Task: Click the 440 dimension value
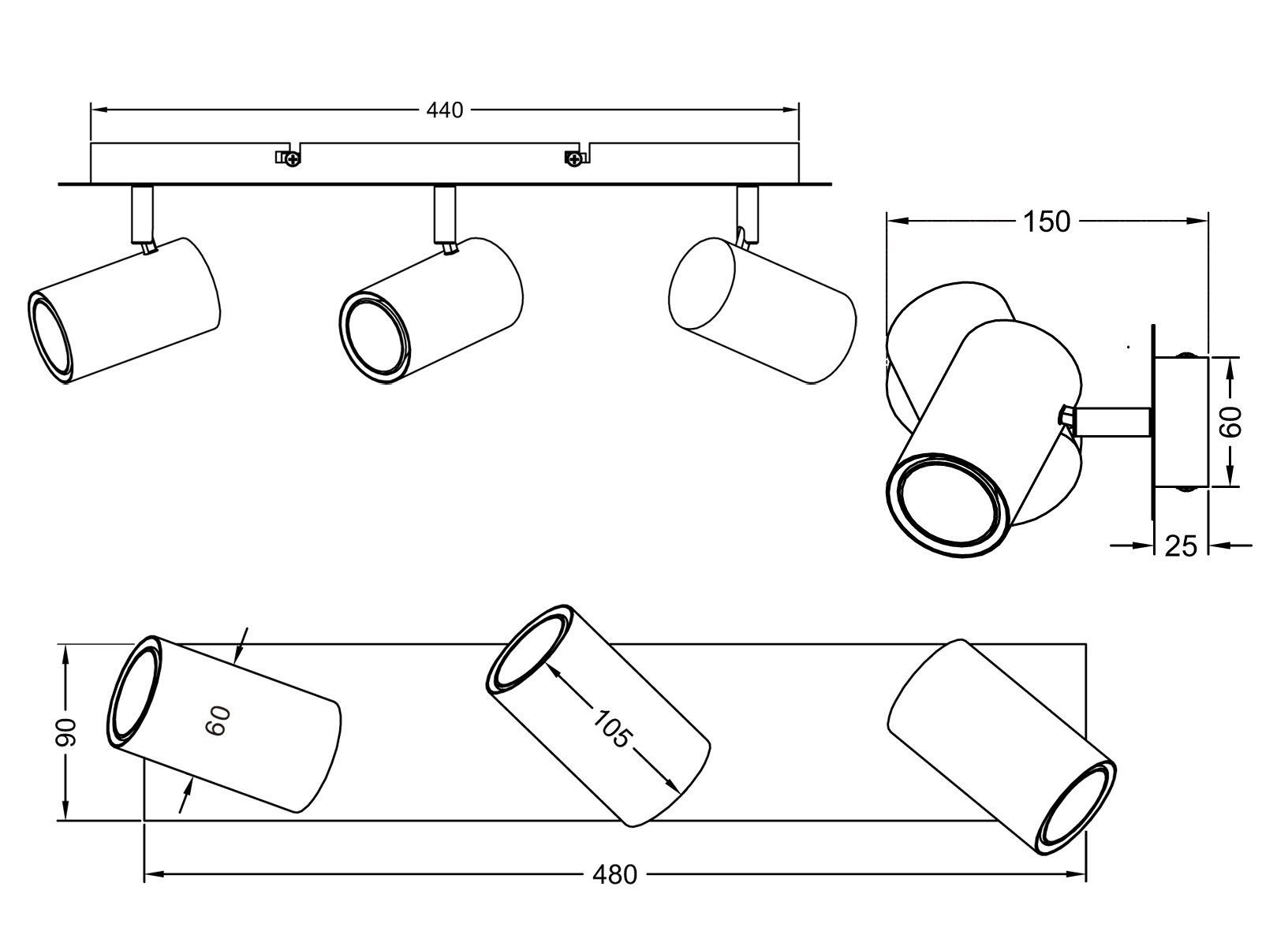point(444,110)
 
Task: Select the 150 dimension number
point(1047,222)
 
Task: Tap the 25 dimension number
point(1181,545)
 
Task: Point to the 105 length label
point(611,729)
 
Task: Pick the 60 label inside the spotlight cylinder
point(218,721)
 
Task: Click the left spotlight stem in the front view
point(142,214)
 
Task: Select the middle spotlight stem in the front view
point(444,214)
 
